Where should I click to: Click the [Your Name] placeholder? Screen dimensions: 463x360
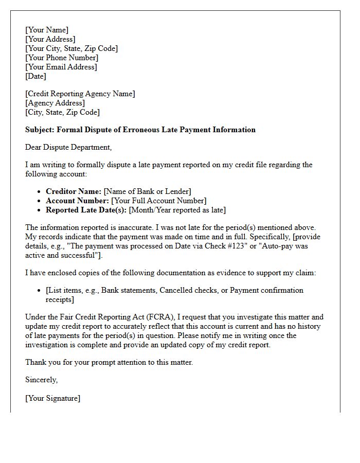[47, 30]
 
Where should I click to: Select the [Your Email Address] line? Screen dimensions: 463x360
[61, 67]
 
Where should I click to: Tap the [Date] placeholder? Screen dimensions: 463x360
[35, 76]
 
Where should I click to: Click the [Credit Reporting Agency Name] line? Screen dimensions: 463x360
[80, 94]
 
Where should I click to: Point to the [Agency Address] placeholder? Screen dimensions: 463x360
[55, 103]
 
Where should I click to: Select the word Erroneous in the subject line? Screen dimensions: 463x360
[143, 130]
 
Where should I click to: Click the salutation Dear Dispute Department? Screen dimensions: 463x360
[68, 147]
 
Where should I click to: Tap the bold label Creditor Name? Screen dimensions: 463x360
[74, 191]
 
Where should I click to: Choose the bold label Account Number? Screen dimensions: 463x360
[77, 201]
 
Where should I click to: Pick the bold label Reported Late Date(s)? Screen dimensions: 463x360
[86, 210]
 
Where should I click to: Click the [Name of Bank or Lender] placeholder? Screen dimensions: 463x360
[148, 191]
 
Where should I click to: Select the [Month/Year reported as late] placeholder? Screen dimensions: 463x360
[177, 210]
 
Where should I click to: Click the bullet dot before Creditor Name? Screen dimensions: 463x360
[40, 191]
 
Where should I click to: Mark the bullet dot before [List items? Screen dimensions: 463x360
[40, 290]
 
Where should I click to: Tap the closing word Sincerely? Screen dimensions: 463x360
[42, 380]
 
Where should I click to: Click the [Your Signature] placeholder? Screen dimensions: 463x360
[53, 398]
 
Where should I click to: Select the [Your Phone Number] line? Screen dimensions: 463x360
[62, 58]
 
